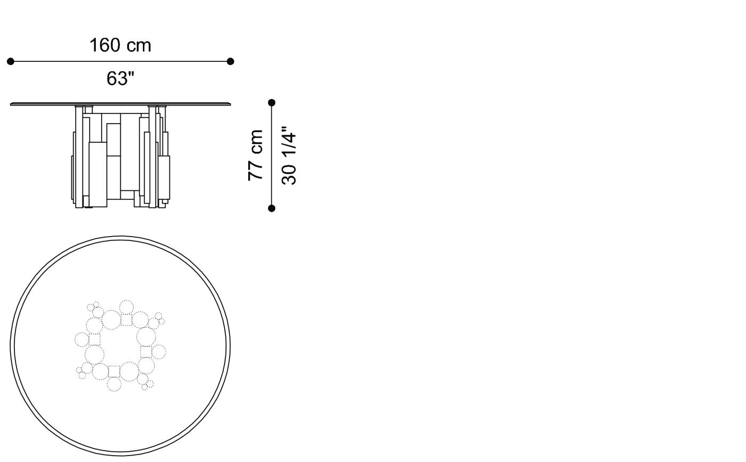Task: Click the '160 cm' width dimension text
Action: coord(120,45)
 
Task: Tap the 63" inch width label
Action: coord(120,78)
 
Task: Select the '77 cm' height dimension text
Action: coord(256,155)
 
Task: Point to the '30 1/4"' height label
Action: coord(288,155)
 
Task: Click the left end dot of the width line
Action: coord(11,61)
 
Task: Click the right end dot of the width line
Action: coord(230,61)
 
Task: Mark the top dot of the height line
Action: coord(272,102)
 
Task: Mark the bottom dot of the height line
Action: coord(272,208)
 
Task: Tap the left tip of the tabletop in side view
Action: coord(12,104)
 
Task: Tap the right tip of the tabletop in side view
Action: coord(230,104)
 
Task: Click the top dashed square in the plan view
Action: coord(126,320)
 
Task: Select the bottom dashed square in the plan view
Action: coord(114,371)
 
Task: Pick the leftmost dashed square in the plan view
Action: coord(94,339)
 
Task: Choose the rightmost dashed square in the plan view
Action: coord(146,352)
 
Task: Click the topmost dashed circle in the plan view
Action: coord(126,307)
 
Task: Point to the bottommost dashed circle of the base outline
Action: coord(114,384)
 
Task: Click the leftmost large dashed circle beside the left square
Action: coord(82,339)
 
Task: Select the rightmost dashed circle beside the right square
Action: coord(159,352)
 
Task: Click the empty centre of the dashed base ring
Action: coord(120,346)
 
